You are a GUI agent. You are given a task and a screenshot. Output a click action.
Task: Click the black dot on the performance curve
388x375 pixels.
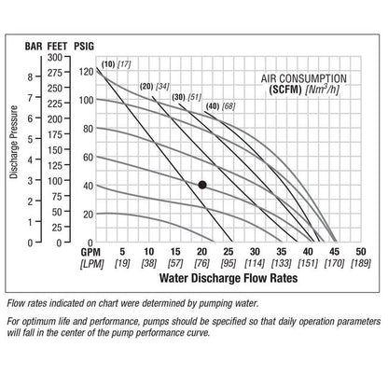202,185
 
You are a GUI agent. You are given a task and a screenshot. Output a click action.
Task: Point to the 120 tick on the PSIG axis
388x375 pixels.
87,71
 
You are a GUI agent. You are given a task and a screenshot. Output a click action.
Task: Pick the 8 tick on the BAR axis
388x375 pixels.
31,77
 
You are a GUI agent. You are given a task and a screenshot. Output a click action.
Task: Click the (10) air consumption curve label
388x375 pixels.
108,63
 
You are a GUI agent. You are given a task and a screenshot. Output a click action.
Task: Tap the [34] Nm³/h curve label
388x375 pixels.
162,86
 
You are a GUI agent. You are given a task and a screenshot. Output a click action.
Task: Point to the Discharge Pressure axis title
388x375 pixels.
14,154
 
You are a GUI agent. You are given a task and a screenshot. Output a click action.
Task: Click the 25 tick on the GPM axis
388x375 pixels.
229,252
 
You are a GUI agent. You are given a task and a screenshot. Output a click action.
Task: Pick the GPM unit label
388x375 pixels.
90,252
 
